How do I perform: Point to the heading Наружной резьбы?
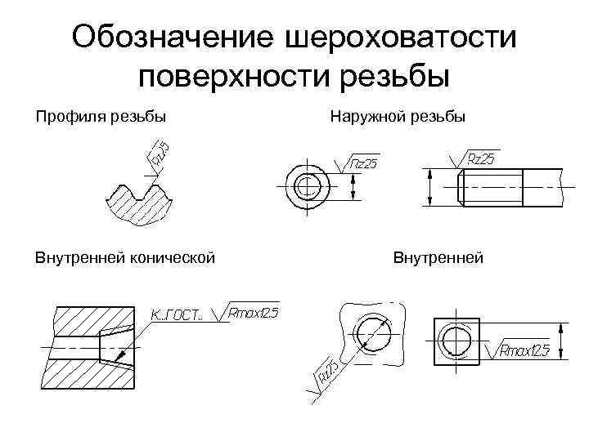pos(398,117)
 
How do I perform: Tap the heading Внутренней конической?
pos(124,258)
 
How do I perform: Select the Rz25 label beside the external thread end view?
pos(364,164)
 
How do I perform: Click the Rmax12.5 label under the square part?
pos(524,351)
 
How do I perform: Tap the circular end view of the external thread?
pos(306,186)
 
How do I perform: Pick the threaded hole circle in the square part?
pos(452,336)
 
